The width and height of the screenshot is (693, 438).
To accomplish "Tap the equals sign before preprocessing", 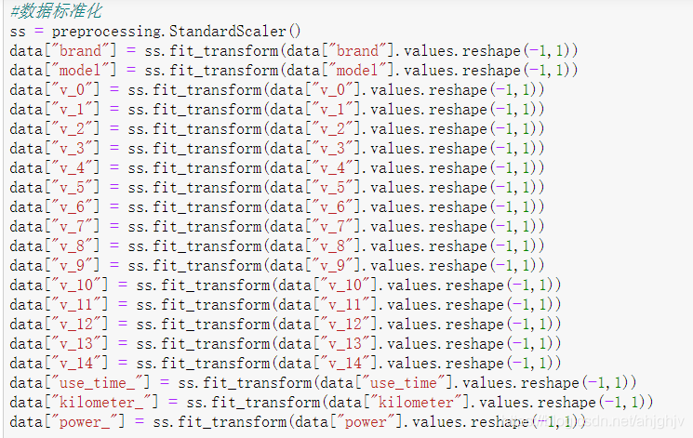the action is (41, 31).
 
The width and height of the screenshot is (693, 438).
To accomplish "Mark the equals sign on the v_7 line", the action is (116, 226).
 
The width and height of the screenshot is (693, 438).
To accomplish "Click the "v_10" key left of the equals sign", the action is (77, 285).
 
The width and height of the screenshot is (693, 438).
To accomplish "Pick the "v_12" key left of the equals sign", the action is (77, 324).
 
